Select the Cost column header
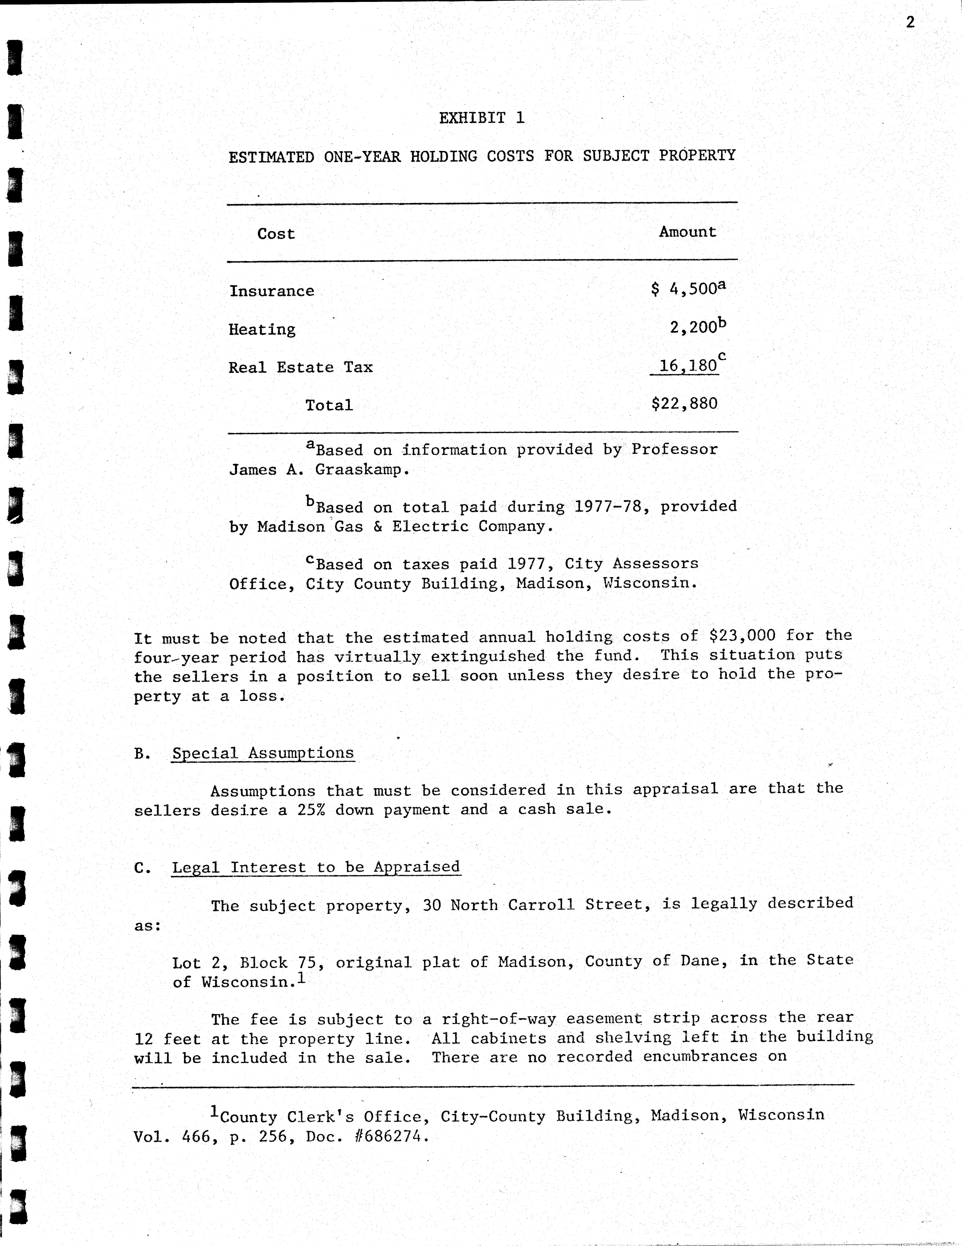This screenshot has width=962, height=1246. pyautogui.click(x=276, y=234)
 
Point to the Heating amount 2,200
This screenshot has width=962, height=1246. pyautogui.click(x=693, y=327)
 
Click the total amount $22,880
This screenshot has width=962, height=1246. pyautogui.click(x=684, y=404)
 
